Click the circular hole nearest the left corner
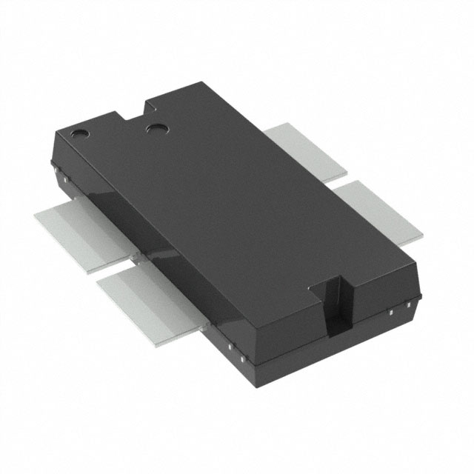pyautogui.click(x=79, y=134)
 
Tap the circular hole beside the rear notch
pyautogui.click(x=157, y=129)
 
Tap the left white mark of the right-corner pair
pyautogui.click(x=389, y=314)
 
